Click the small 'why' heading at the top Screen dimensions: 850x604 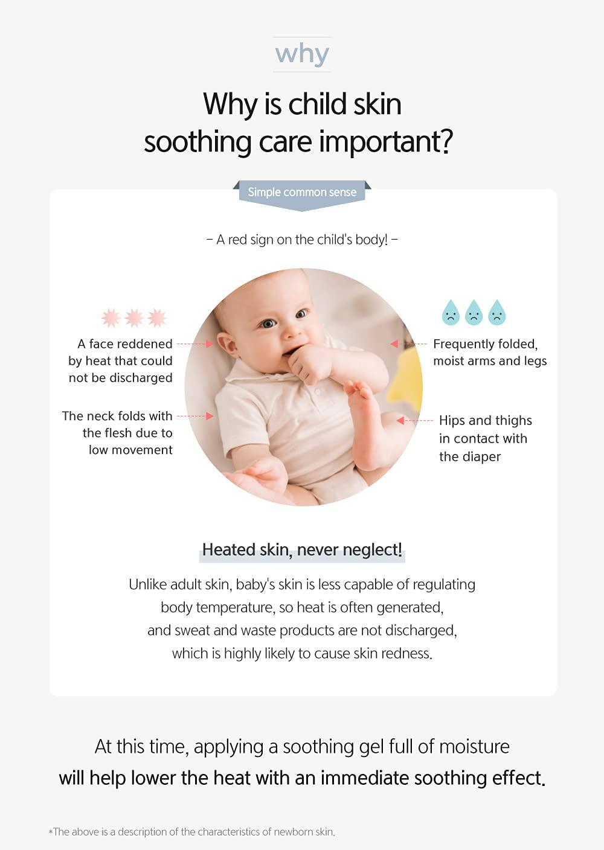click(302, 54)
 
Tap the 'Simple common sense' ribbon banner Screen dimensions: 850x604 click(302, 193)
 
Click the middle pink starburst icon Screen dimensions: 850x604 click(134, 318)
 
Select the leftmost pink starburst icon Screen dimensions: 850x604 click(111, 318)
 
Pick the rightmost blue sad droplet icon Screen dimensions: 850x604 click(497, 313)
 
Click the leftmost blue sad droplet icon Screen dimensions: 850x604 click(451, 313)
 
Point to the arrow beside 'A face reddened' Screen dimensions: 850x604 click(195, 344)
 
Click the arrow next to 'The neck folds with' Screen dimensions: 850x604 click(195, 416)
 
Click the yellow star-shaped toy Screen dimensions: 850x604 click(411, 380)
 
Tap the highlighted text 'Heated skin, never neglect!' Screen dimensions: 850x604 click(302, 550)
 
